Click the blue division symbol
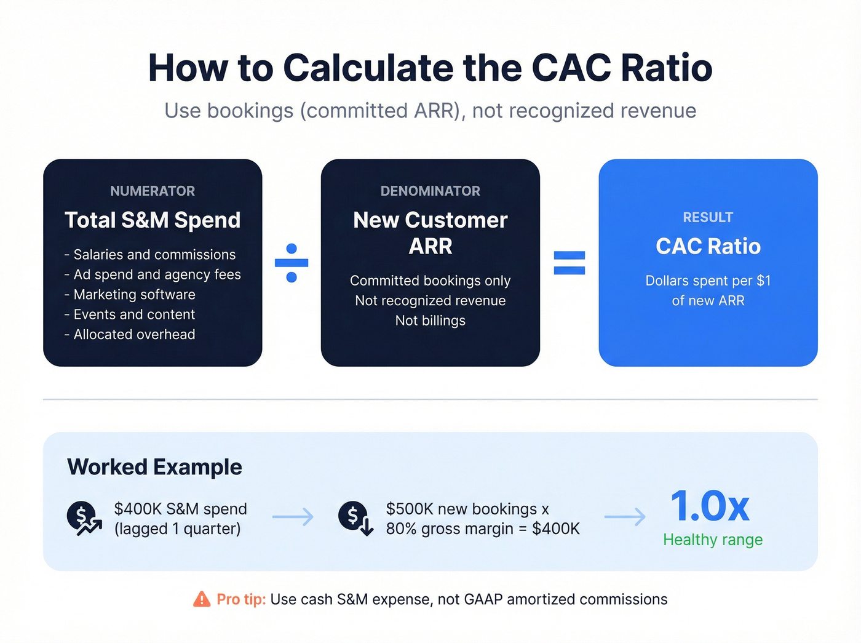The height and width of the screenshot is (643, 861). tap(292, 263)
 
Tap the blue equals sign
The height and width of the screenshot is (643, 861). tap(569, 263)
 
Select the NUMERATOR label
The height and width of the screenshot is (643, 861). tap(153, 191)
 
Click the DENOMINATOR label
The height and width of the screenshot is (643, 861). tap(430, 191)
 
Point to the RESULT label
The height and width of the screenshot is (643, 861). tap(708, 217)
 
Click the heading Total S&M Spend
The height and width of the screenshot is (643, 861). tap(153, 220)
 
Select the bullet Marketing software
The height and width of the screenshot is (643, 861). tap(134, 295)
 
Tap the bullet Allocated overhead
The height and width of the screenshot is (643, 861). tap(134, 335)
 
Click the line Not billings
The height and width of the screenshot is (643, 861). tap(430, 321)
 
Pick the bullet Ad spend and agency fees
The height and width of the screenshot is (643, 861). tap(157, 274)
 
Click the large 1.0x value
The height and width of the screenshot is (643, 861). tap(710, 506)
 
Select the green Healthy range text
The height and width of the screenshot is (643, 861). tap(713, 540)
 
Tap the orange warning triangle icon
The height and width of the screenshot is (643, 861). tap(202, 599)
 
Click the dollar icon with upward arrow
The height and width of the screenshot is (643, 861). tap(84, 518)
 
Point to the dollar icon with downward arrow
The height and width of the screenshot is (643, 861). tap(355, 518)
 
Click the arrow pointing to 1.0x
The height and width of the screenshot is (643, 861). tap(625, 517)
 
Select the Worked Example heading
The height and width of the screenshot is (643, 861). tap(154, 467)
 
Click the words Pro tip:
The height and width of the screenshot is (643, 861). tap(241, 599)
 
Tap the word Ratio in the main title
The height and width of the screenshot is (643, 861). tap(667, 68)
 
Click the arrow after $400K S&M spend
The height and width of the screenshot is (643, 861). tap(293, 517)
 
